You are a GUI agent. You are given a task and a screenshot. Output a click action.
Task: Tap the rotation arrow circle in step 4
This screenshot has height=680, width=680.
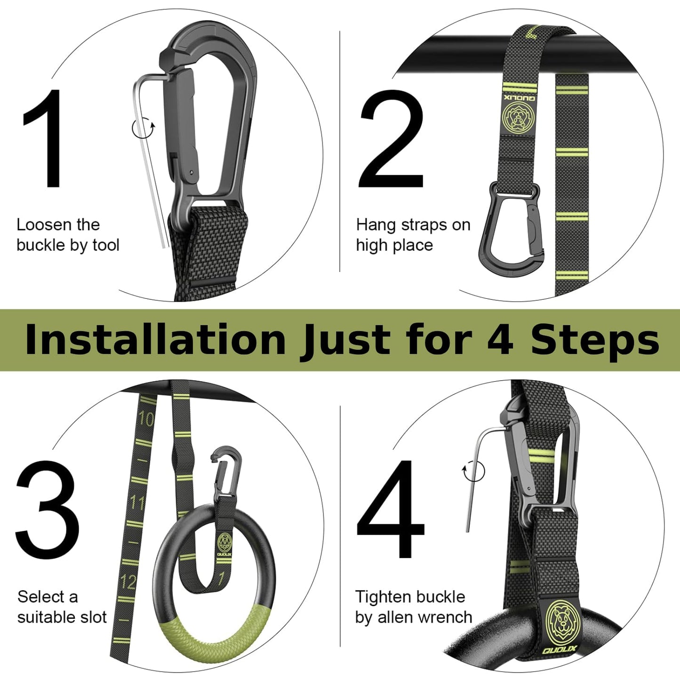click(x=473, y=472)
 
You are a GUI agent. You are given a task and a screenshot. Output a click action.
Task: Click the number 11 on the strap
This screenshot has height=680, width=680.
click(x=137, y=503)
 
